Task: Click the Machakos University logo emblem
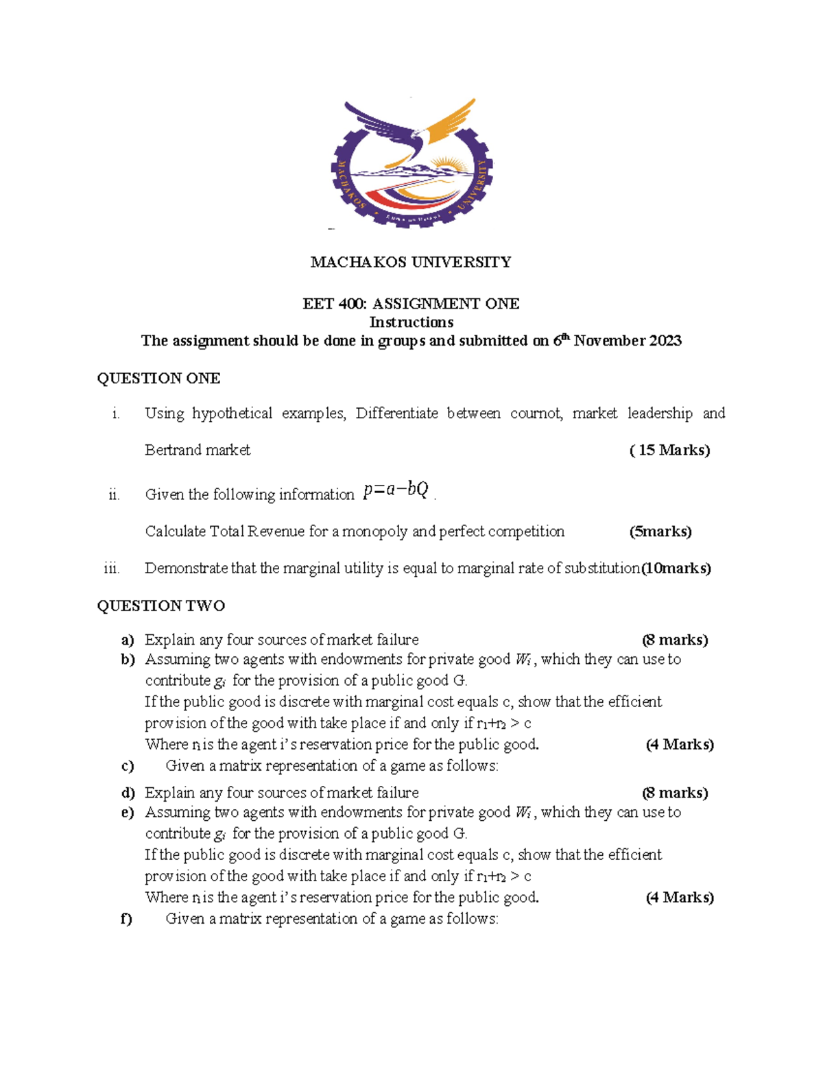411,163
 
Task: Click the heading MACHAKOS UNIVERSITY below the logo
411,262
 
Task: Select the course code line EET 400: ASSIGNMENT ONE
411,304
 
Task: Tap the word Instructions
411,322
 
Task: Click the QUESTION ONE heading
158,379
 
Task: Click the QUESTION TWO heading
160,606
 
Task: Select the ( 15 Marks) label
669,451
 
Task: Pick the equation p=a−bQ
396,490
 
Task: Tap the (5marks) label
660,531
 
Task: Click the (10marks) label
676,569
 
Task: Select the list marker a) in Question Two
128,641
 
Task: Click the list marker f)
126,919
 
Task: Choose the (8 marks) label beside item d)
675,793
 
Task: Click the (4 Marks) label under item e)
680,898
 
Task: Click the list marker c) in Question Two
127,766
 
